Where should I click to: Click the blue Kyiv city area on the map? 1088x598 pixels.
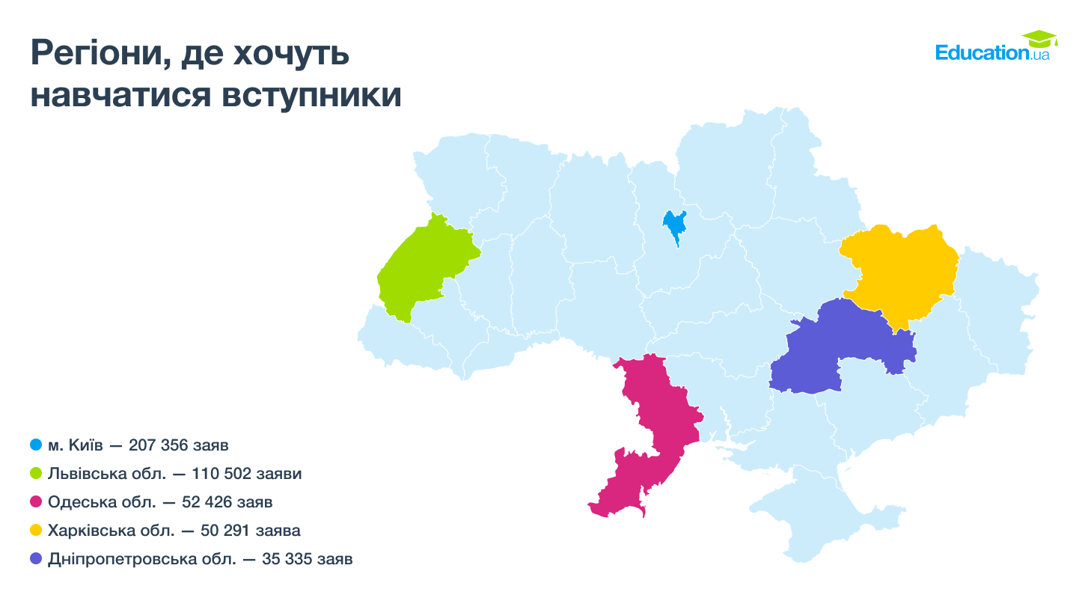(675, 225)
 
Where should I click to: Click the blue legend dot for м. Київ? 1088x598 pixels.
(36, 445)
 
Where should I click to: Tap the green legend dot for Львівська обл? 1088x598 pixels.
(36, 474)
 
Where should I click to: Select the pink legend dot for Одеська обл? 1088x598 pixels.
(36, 502)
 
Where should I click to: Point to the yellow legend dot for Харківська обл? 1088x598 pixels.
(36, 531)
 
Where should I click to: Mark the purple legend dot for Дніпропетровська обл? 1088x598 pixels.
(36, 559)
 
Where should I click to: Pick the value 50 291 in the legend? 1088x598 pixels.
(225, 531)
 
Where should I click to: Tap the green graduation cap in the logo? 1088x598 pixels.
(1039, 38)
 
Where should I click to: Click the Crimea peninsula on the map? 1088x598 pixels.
(823, 516)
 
